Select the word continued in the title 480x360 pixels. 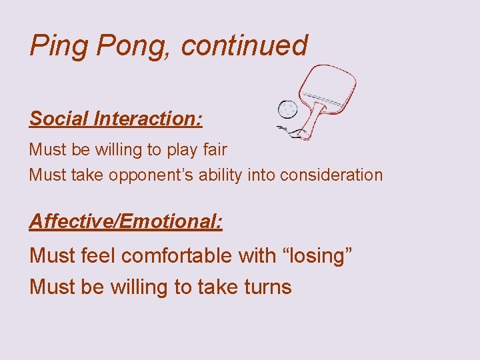click(x=244, y=46)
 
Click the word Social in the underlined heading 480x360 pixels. click(x=59, y=119)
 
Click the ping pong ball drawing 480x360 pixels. click(x=287, y=109)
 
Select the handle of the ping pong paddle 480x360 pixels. click(x=309, y=123)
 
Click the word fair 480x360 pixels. click(x=213, y=149)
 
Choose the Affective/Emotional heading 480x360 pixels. click(x=125, y=221)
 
